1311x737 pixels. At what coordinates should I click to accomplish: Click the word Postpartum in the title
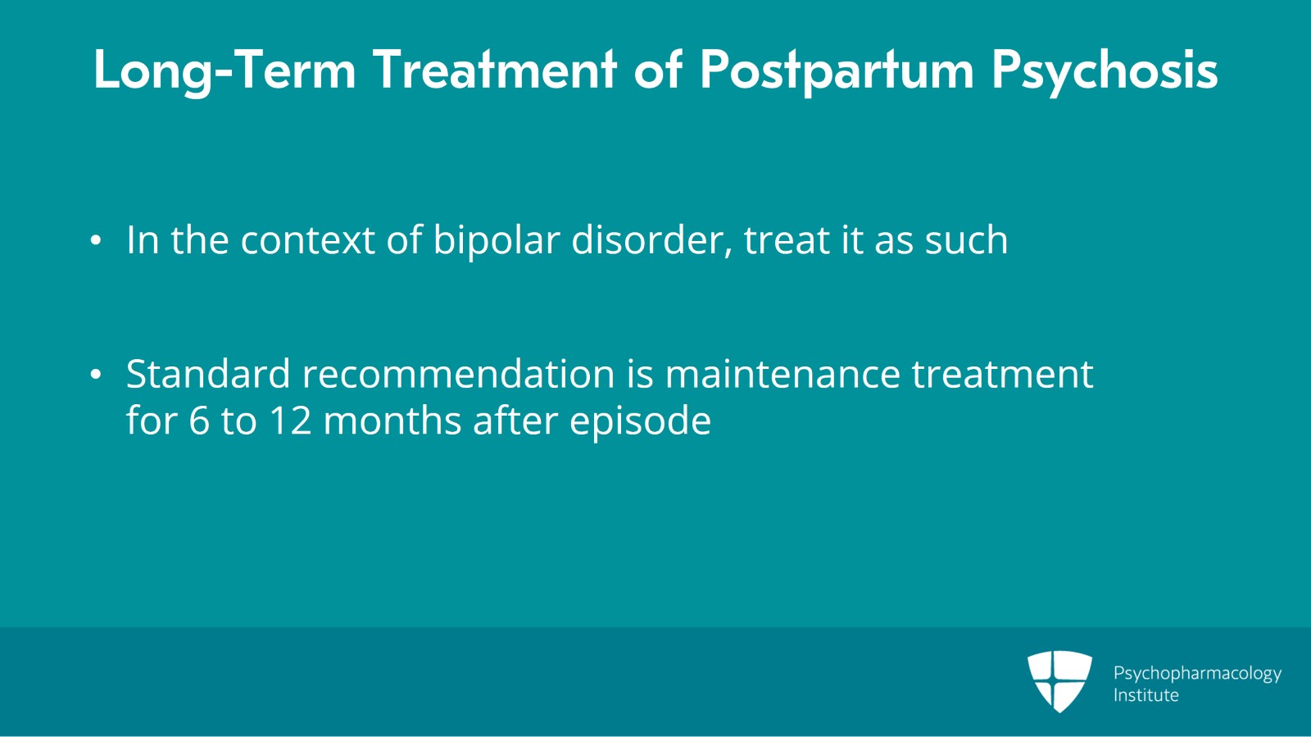pos(837,71)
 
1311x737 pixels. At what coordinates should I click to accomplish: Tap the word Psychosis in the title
pos(1105,71)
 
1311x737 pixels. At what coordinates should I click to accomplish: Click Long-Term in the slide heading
pos(225,71)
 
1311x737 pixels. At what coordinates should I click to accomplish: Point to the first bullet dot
pos(96,241)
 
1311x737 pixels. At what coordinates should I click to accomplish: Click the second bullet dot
pos(96,375)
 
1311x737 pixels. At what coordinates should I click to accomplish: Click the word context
pos(307,240)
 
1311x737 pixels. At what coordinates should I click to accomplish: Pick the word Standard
pos(208,374)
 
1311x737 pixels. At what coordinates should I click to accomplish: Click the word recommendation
pos(458,374)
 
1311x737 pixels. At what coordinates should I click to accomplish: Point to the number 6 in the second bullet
pos(199,421)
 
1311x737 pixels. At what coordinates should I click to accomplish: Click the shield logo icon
pos(1059,680)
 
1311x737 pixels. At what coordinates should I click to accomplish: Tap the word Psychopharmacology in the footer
pos(1197,673)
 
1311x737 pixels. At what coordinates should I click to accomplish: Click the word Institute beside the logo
pos(1145,695)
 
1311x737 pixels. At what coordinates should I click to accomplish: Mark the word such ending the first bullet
pos(966,240)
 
